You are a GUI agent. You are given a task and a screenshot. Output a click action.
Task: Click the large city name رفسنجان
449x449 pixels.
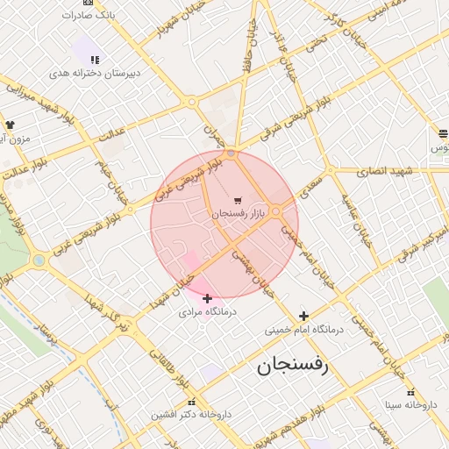(x=292, y=367)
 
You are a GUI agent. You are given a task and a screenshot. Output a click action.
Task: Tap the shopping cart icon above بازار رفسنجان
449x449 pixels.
(x=239, y=201)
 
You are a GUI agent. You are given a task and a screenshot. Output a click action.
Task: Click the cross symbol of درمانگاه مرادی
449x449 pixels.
(x=207, y=298)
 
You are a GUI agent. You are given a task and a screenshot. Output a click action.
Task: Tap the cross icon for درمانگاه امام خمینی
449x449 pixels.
(x=303, y=316)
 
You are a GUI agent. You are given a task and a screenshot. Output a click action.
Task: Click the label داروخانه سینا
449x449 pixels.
(x=410, y=405)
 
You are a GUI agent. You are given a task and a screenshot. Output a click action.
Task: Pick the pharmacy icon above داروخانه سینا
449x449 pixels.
(x=410, y=391)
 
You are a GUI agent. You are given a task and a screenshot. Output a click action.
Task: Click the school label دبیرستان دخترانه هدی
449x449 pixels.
(x=96, y=74)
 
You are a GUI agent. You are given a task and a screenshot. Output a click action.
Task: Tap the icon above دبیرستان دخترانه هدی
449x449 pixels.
(x=95, y=60)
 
